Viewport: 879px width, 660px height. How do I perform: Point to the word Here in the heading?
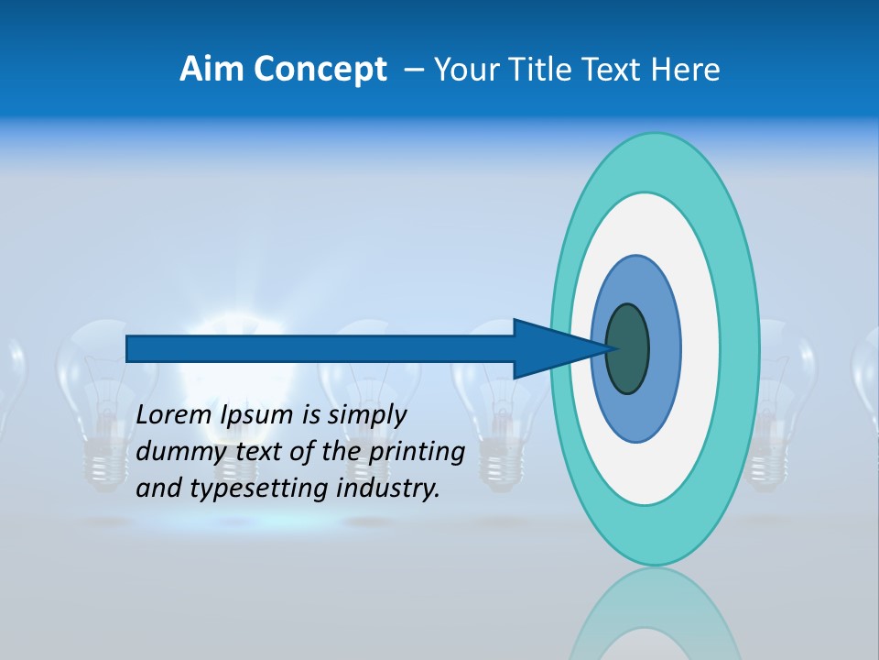[688, 70]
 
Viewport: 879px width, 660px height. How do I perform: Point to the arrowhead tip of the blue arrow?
[614, 348]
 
